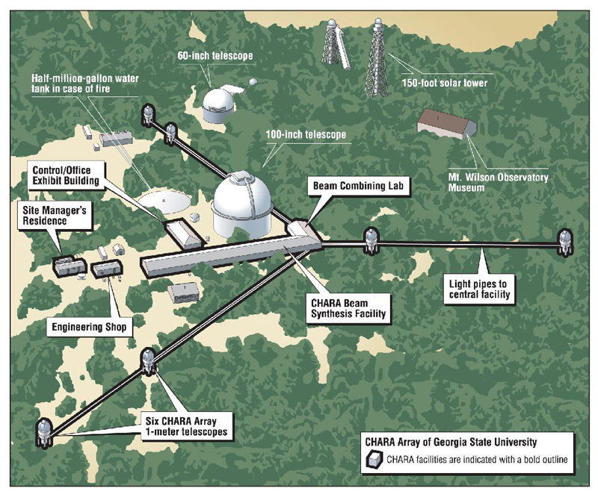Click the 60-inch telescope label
point(215,55)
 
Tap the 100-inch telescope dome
point(241,205)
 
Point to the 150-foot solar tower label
point(444,82)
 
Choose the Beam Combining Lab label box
point(358,186)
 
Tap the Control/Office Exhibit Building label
point(66,175)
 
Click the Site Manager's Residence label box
point(55,216)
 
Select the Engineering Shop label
point(89,327)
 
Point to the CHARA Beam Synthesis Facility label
point(348,308)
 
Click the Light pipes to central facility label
point(479,289)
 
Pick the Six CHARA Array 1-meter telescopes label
point(186,426)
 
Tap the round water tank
point(164,201)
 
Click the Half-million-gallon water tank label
point(85,84)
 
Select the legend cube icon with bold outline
point(374,460)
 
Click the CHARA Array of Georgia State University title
point(451,442)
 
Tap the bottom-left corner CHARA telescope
point(44,433)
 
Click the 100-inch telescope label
point(306,134)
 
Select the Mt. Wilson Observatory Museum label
point(498,182)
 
